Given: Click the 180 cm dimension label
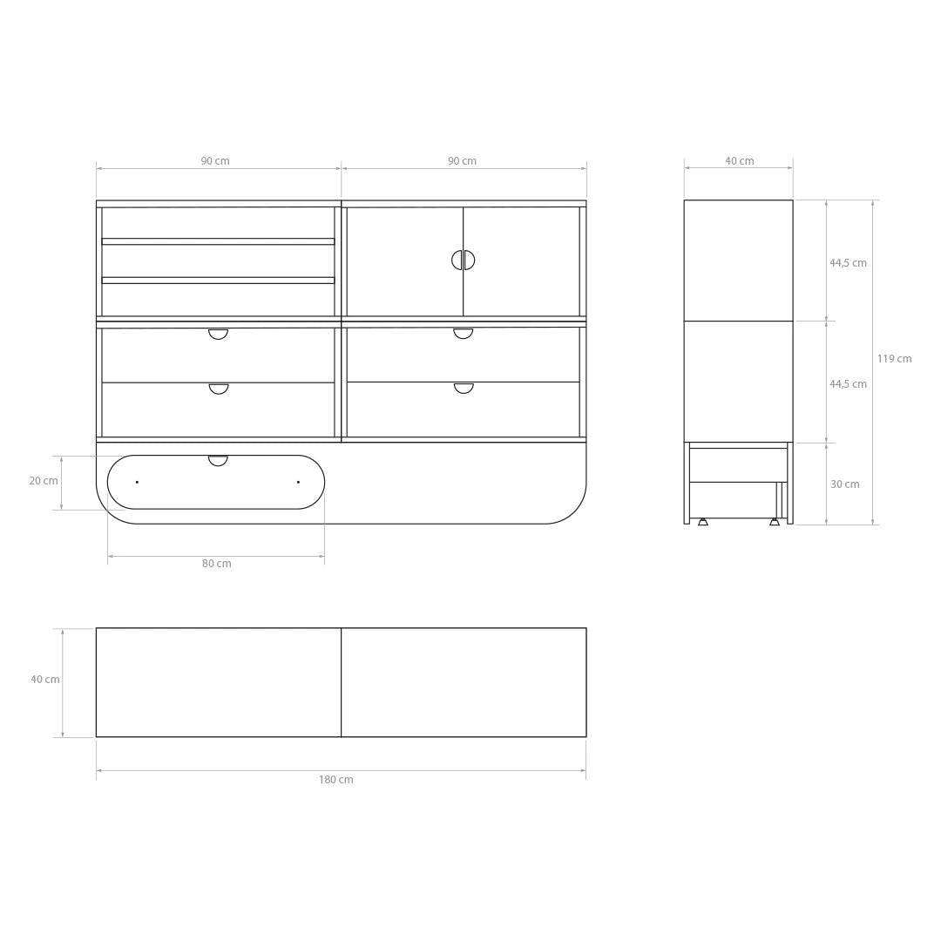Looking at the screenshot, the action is pos(336,780).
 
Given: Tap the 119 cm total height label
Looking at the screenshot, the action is pos(894,359).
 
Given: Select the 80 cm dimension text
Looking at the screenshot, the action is pos(217,564).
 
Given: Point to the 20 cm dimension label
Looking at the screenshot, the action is pos(44,481).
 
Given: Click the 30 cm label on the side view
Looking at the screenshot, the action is pos(845,484).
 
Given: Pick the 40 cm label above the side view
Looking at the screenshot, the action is pos(740,161).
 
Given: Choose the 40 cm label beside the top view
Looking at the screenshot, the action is pos(45,680).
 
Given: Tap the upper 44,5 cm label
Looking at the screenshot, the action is pos(848,263).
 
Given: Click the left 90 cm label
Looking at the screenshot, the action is pos(215,161).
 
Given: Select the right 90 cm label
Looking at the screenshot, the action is pos(462,161).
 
